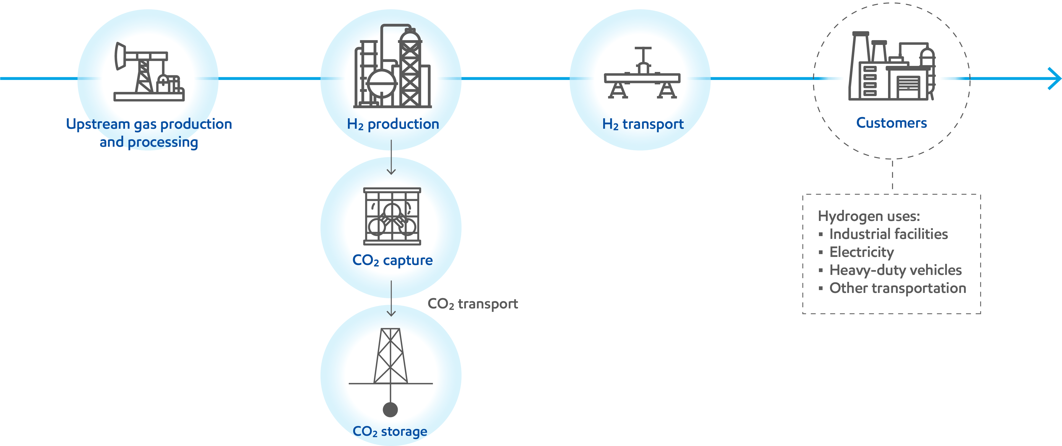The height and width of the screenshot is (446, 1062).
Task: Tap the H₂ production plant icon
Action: pos(392,66)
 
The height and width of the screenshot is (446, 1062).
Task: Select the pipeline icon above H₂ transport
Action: pos(642,74)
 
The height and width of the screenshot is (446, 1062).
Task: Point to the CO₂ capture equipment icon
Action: pos(392,216)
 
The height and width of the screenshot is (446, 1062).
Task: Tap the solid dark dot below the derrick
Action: pos(390,410)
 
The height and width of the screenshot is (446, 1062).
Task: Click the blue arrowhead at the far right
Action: pos(1055,78)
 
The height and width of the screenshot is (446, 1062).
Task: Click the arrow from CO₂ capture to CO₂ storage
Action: pos(391,299)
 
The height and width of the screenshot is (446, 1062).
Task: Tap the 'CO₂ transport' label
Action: pos(472,304)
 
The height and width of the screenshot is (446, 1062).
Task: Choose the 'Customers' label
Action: pos(891,123)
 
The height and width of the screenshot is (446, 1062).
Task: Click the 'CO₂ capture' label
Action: pos(392,260)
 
